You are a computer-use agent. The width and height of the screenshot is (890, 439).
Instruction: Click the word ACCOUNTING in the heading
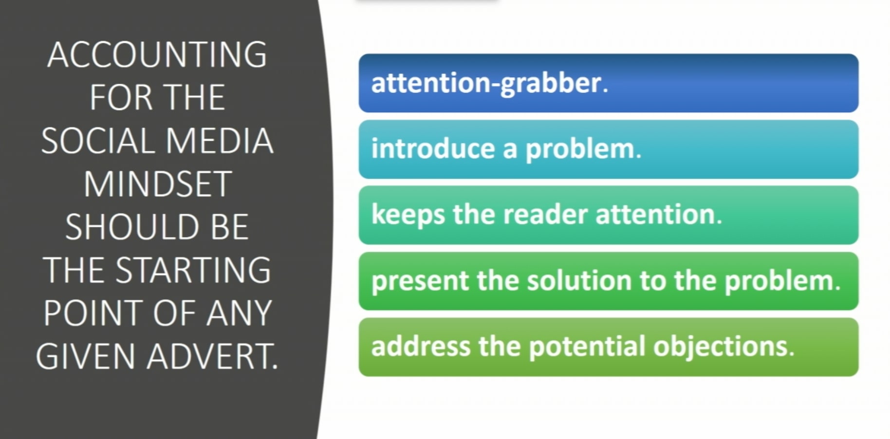click(x=157, y=55)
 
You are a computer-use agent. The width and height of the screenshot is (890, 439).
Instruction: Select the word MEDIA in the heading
click(x=219, y=141)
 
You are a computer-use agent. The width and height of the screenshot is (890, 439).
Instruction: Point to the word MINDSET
click(x=157, y=184)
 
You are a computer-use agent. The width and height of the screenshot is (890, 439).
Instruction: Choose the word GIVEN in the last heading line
click(x=85, y=357)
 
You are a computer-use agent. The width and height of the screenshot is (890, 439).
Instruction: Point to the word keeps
click(x=408, y=215)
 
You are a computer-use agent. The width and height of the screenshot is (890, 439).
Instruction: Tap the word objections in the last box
click(x=721, y=347)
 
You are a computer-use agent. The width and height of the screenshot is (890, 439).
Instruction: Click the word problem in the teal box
click(x=580, y=149)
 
